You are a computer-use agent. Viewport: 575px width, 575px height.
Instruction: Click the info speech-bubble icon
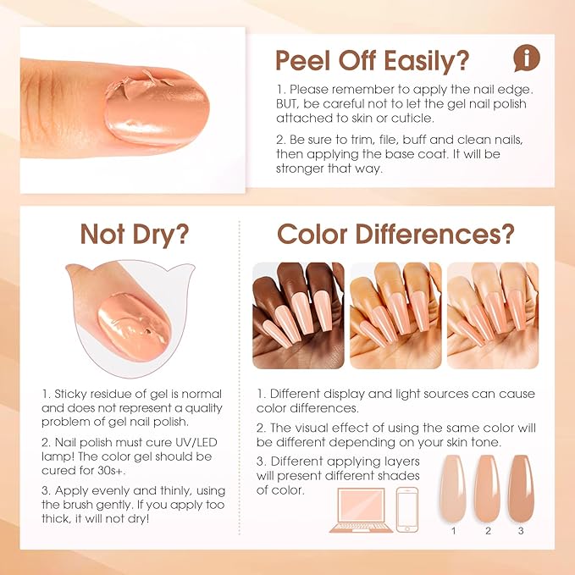click(x=527, y=58)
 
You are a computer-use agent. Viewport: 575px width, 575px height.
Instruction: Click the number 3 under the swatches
click(x=519, y=532)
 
